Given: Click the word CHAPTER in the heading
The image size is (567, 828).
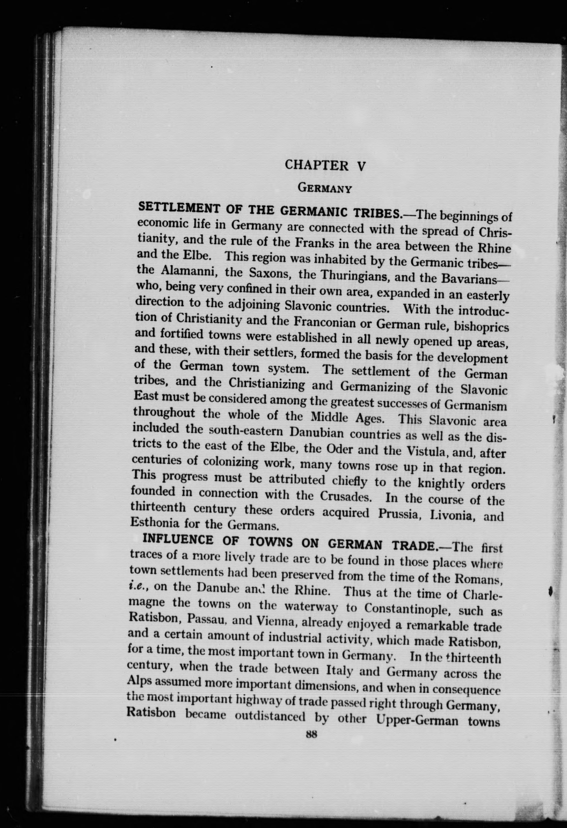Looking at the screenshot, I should pos(317,165).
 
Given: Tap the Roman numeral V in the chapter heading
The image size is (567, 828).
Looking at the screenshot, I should pos(361,166).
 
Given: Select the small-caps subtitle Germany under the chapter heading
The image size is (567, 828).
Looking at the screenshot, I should pos(325,188).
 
